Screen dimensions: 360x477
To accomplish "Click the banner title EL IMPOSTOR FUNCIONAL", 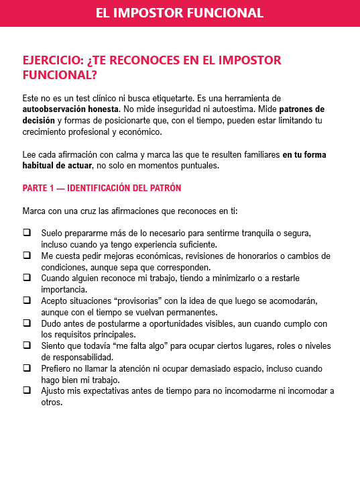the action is coord(180,13).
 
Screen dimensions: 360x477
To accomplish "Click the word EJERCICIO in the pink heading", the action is coord(53,60).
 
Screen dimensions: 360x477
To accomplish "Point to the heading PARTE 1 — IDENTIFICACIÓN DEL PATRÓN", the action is coord(102,188).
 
